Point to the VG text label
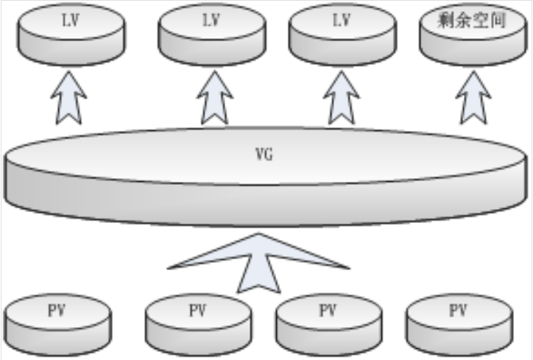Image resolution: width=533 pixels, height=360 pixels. tap(263, 155)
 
